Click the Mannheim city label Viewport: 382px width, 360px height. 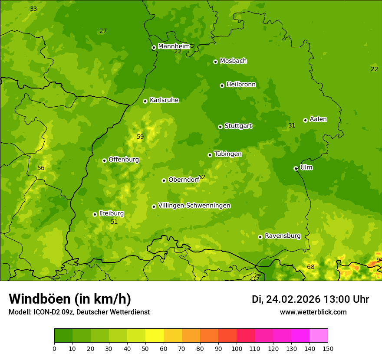click(x=174, y=46)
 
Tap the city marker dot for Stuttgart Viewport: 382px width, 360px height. click(x=220, y=127)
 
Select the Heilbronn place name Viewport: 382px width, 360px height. click(x=241, y=84)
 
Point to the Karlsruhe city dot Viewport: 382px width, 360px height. click(x=145, y=101)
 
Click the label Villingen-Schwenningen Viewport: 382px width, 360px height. click(x=194, y=206)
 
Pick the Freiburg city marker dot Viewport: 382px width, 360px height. click(x=95, y=214)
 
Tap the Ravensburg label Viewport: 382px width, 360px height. click(x=283, y=236)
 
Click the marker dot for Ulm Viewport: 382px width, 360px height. click(x=296, y=168)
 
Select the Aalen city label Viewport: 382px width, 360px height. click(x=318, y=119)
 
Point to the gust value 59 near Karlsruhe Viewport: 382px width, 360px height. click(x=140, y=137)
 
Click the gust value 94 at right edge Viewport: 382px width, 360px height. click(x=379, y=260)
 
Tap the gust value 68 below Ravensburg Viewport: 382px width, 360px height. click(x=311, y=267)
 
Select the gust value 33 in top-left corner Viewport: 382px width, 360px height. click(x=33, y=9)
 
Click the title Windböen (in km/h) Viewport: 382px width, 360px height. click(x=70, y=299)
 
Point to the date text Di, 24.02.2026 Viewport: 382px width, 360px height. click(x=286, y=299)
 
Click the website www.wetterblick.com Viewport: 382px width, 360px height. click(x=313, y=312)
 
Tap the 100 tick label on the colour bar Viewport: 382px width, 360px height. click(x=237, y=348)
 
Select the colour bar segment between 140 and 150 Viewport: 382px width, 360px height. click(x=319, y=336)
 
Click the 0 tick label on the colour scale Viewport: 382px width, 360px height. click(x=54, y=348)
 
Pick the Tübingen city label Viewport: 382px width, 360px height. click(x=228, y=154)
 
